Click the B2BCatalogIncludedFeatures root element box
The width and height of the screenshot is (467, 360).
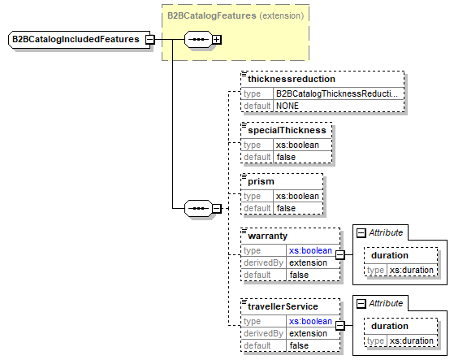click(76, 39)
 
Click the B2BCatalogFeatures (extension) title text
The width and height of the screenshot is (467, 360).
click(236, 15)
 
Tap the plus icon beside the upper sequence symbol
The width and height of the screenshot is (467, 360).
click(217, 39)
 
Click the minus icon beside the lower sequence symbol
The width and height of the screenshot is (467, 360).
click(217, 209)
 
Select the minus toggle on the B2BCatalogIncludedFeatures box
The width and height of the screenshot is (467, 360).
click(150, 39)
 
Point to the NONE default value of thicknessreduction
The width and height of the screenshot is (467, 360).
click(288, 106)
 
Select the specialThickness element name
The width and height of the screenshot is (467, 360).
click(288, 130)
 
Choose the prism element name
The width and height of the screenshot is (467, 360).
click(262, 180)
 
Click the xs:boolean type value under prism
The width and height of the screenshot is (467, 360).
click(298, 196)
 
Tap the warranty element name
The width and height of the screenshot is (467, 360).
click(269, 236)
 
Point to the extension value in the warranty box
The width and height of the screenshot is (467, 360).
click(309, 263)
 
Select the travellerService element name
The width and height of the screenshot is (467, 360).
click(282, 307)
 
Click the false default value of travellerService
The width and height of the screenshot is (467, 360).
click(299, 346)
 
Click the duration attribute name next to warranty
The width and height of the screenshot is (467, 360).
click(390, 255)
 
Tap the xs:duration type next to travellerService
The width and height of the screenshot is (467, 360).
click(412, 340)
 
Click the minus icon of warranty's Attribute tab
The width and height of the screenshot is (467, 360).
click(361, 232)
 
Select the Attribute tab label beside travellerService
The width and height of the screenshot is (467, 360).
click(386, 303)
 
